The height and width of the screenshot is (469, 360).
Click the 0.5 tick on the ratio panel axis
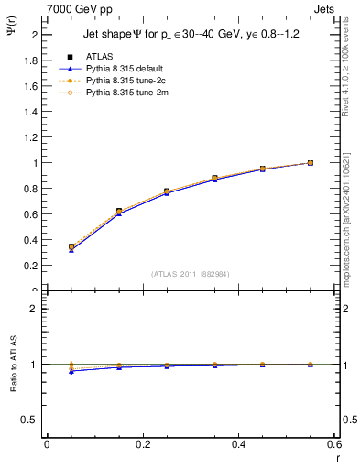pyautogui.click(x=33, y=420)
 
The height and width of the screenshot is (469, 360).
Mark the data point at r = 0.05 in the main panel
pyautogui.click(x=71, y=246)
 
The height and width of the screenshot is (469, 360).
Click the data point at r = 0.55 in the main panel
pyautogui.click(x=311, y=163)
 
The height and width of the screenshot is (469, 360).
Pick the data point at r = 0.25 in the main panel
pyautogui.click(x=167, y=191)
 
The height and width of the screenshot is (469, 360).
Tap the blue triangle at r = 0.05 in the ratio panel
pyautogui.click(x=71, y=371)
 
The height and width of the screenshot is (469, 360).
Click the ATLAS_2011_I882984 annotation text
pyautogui.click(x=190, y=273)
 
